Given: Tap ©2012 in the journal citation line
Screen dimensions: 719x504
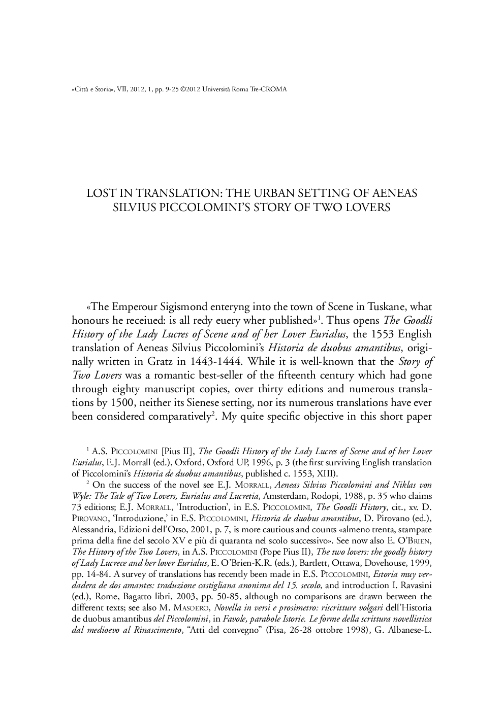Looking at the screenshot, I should pyautogui.click(x=191, y=89).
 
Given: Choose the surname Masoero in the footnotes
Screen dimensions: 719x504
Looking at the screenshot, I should pyautogui.click(x=193, y=607).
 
